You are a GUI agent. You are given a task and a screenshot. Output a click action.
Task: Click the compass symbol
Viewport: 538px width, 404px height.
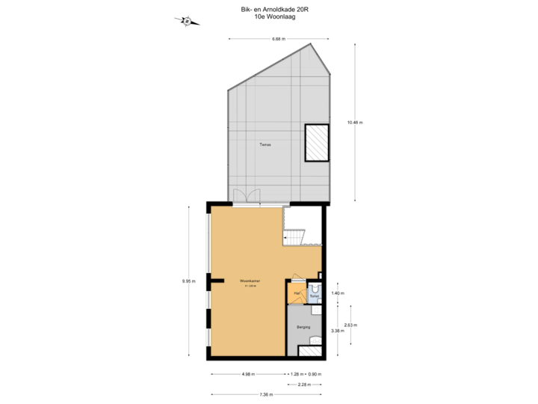click(185, 21)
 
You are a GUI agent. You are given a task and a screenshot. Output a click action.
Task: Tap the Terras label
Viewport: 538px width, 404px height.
click(265, 144)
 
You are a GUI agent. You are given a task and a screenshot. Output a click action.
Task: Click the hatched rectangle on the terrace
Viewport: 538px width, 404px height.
click(317, 142)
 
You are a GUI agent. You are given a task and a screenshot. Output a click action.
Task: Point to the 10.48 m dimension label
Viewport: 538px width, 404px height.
click(355, 122)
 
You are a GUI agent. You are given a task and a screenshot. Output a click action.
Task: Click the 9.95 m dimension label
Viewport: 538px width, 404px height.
click(188, 281)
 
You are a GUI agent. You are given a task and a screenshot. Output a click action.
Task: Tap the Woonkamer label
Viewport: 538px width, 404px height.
click(249, 282)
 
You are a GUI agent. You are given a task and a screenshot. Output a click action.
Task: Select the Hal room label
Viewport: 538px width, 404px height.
click(297, 293)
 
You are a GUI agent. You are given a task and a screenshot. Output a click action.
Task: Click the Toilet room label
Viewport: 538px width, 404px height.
click(314, 297)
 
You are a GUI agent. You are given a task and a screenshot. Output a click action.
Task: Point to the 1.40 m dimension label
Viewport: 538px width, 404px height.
click(337, 293)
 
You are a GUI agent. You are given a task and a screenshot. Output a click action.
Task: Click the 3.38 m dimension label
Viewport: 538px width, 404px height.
click(337, 330)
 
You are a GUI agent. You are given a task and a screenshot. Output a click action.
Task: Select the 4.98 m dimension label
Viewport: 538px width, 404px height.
click(248, 374)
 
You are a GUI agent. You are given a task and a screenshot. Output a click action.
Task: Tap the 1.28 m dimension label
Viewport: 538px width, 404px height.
click(297, 374)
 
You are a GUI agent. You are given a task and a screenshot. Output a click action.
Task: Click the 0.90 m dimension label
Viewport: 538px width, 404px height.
click(315, 374)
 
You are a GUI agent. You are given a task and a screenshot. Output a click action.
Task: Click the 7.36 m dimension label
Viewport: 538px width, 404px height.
click(266, 394)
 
